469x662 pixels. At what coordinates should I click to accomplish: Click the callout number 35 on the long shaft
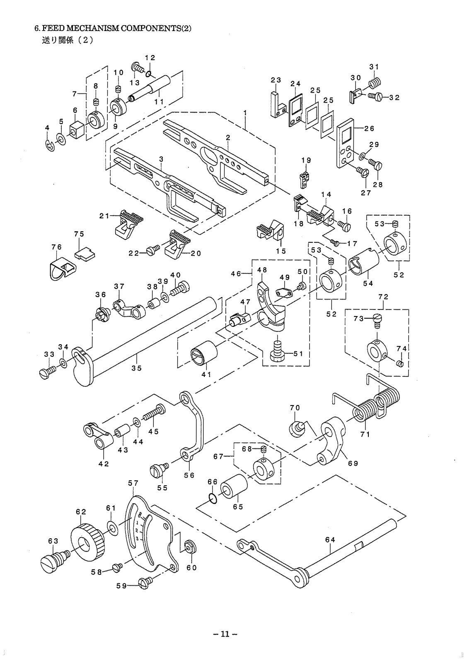click(x=136, y=368)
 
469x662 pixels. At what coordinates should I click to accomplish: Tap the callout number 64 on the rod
click(x=330, y=540)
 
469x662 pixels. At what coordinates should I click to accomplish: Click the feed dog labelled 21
click(x=128, y=224)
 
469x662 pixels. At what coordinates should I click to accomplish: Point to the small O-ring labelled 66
click(x=213, y=498)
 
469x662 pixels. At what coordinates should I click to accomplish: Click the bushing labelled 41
click(x=204, y=355)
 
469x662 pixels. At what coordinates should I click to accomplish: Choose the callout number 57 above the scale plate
click(x=133, y=483)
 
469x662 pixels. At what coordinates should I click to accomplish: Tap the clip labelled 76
click(x=60, y=269)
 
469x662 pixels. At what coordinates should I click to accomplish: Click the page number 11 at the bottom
click(x=225, y=634)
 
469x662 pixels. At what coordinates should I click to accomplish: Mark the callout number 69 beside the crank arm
click(x=353, y=463)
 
